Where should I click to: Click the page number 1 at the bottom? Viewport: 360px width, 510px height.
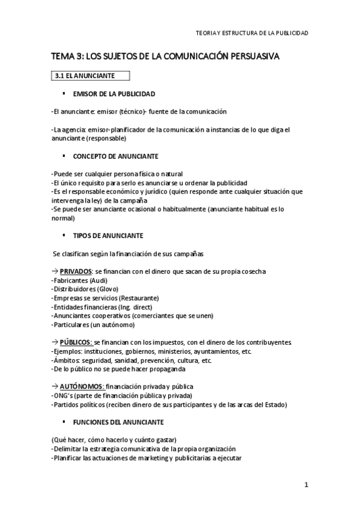pos(306,485)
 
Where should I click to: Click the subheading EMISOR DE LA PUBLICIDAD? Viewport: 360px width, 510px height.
pos(114,94)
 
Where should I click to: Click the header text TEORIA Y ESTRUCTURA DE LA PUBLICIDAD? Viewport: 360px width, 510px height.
pos(252,34)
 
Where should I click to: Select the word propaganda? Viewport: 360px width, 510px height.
pos(165,368)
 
